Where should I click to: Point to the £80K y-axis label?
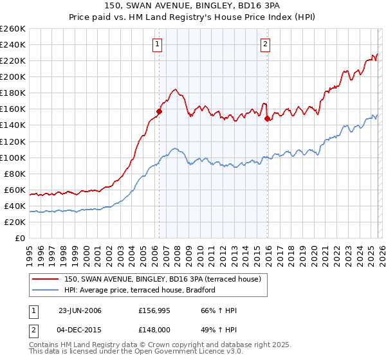[14, 174]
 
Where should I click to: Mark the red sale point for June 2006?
[159, 111]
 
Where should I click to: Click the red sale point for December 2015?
[266, 118]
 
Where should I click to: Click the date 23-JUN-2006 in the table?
[80, 310]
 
